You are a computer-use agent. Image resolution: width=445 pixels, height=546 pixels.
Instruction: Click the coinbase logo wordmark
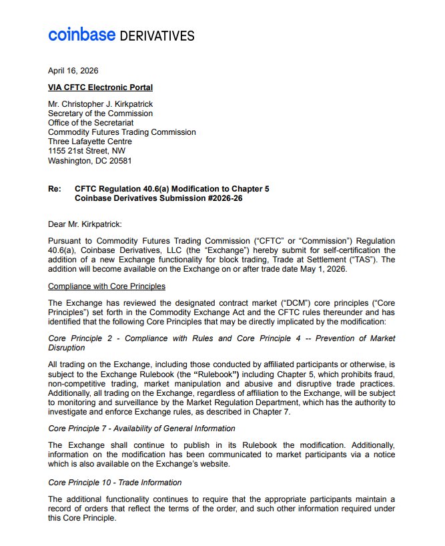pos(81,34)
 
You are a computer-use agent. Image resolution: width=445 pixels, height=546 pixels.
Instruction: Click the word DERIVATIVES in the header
pos(157,36)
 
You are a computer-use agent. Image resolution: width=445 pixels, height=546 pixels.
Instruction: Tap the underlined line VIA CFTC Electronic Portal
pos(100,87)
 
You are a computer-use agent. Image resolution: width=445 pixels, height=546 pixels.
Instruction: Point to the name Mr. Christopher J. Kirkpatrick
pos(100,104)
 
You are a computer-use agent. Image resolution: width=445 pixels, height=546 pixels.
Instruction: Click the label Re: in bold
pos(55,189)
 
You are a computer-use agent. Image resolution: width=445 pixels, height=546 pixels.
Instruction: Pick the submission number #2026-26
pos(219,198)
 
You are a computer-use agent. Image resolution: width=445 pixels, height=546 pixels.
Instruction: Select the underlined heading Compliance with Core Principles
pos(107,286)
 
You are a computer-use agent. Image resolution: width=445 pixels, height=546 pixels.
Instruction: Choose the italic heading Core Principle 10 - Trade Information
pos(115,482)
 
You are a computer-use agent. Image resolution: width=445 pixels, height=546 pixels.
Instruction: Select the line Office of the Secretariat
pos(91,123)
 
